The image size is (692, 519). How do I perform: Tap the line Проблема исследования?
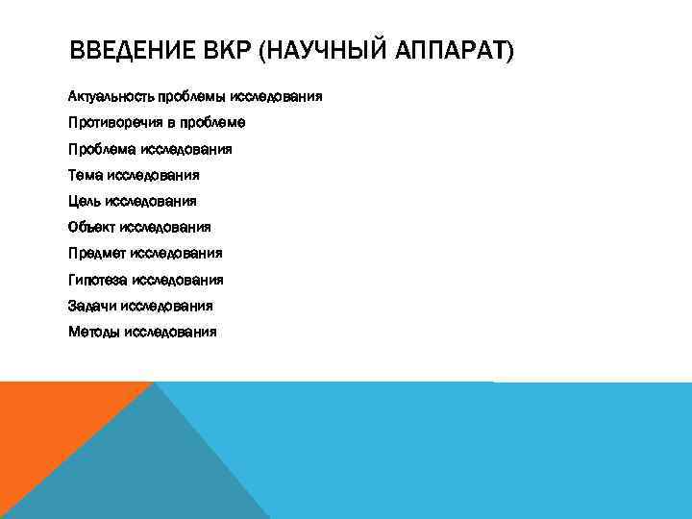[x=150, y=149]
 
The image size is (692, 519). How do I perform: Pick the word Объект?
[x=92, y=227]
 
